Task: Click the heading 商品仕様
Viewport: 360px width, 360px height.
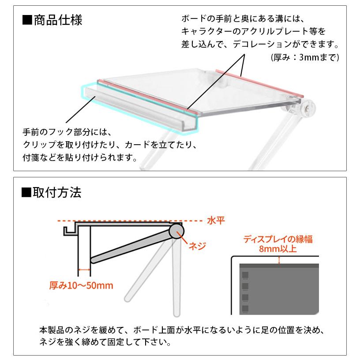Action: click(58, 21)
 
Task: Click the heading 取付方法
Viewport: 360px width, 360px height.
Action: click(58, 192)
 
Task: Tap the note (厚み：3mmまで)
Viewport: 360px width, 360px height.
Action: click(304, 58)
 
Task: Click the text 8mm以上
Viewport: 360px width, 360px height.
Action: click(278, 249)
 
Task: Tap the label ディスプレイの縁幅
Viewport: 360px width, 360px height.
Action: click(278, 240)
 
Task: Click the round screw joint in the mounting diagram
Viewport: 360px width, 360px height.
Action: click(177, 231)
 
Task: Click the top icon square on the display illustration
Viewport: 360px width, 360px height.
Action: click(245, 274)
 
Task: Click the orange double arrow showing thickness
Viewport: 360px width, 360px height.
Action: click(84, 269)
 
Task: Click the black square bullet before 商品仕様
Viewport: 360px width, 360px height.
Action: click(27, 21)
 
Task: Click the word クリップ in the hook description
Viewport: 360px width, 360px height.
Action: click(40, 145)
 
